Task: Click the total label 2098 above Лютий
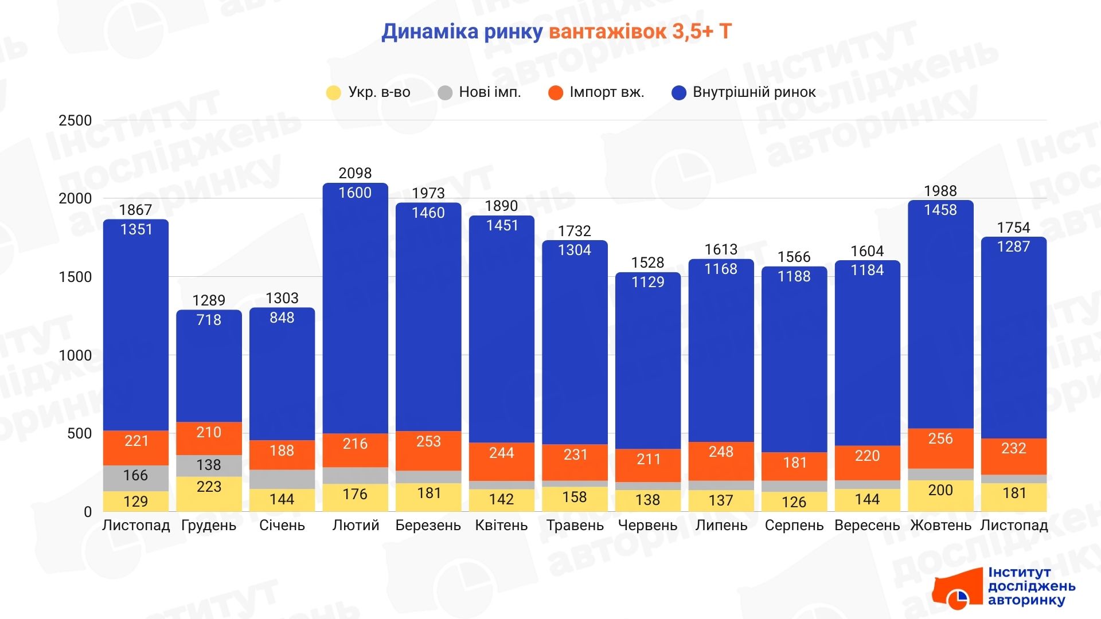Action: pos(355,173)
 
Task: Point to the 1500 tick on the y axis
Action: pos(75,277)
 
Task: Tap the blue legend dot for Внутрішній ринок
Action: pos(679,93)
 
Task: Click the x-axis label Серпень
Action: pos(794,525)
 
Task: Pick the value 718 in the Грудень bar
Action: pos(209,320)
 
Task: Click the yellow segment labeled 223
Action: pos(209,493)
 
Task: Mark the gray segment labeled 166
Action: pos(136,477)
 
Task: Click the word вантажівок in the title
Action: pos(607,32)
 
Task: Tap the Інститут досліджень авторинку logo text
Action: pos(1031,586)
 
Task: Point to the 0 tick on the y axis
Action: pos(88,512)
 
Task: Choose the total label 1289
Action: pos(209,300)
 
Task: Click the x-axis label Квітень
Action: pos(501,525)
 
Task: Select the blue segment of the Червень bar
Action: pos(648,367)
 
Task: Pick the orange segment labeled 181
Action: pos(794,465)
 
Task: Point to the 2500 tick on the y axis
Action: pos(75,120)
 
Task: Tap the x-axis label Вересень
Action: pos(867,525)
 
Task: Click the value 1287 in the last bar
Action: pos(1013,246)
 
